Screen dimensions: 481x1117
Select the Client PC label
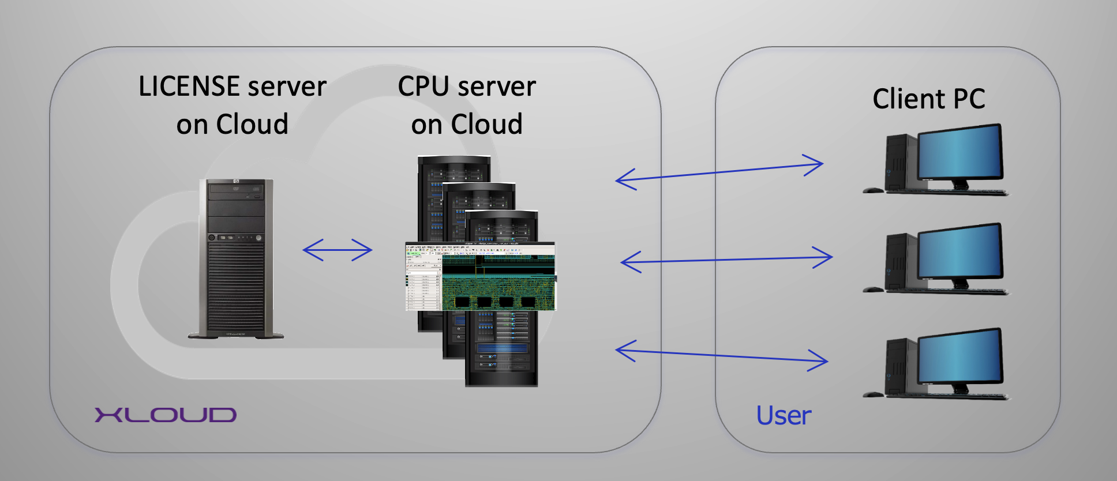(928, 99)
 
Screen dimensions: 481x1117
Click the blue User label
(784, 416)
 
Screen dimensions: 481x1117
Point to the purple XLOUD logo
(166, 415)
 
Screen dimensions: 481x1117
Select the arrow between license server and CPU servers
(338, 250)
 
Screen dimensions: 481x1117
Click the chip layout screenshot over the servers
(480, 276)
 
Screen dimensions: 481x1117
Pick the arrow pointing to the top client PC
(719, 172)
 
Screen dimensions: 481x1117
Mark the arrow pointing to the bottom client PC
(721, 355)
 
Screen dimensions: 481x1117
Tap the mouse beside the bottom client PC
(874, 394)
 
